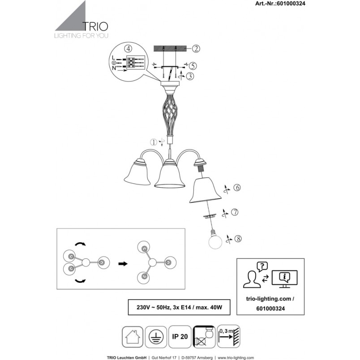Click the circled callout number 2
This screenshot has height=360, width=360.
coord(196,49)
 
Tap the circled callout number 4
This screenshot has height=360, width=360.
coord(128,49)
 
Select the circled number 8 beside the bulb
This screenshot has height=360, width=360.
coord(238,239)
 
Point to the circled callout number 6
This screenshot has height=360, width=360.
coord(237,188)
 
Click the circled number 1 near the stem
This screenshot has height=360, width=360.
coord(154,142)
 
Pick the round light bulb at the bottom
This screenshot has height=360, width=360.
coord(215,240)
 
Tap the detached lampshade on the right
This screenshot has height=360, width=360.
coord(205,190)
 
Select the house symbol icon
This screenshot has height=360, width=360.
coord(133,337)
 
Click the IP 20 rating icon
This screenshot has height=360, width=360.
coord(180,337)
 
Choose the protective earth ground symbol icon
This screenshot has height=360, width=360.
coord(156,337)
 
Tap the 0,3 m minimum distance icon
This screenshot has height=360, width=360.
coord(228,336)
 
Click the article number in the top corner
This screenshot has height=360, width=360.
coord(280,3)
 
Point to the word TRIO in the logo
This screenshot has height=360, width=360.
coord(95,26)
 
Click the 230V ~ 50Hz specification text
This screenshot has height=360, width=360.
coord(153,307)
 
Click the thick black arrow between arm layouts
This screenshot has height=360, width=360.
coord(123,264)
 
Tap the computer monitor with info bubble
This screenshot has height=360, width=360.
coord(284,279)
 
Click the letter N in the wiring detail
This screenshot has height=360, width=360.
coord(114,68)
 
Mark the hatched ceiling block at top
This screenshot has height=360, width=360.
coord(169,49)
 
